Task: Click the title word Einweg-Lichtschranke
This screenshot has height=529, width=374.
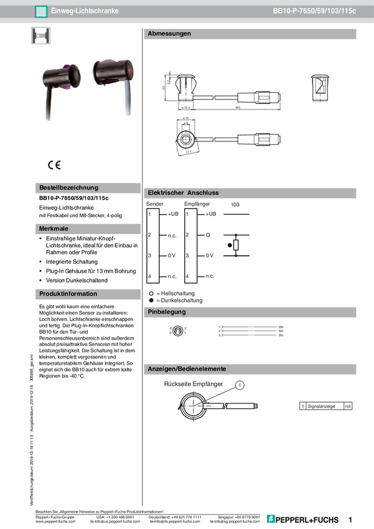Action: point(85,11)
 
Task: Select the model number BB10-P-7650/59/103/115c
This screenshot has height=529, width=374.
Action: point(315,11)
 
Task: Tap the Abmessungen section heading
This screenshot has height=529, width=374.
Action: point(169,34)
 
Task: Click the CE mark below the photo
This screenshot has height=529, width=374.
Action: point(54,165)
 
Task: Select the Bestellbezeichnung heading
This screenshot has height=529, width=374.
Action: point(68,187)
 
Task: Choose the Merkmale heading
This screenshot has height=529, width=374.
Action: point(54,229)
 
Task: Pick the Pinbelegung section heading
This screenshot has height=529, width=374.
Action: point(166,311)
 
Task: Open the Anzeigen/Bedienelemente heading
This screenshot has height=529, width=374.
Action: point(186,369)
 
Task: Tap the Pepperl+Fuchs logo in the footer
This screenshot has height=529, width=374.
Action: point(304,519)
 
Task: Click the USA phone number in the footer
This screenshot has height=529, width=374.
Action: point(118,517)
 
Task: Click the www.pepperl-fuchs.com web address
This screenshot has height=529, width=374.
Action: point(56,522)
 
